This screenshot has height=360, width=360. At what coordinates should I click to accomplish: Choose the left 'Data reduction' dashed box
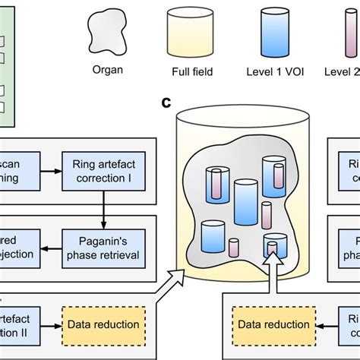[x=103, y=324]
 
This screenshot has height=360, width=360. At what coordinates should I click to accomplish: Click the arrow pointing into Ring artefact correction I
[x=52, y=172]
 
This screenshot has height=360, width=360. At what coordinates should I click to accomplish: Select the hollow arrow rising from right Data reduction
[x=272, y=277]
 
